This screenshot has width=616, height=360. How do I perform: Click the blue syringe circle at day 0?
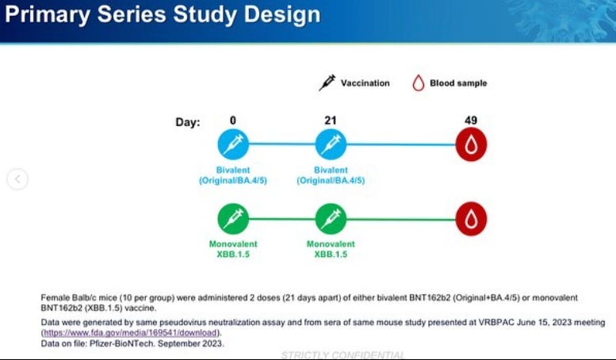coord(233,145)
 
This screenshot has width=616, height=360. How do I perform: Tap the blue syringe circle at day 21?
coord(331,145)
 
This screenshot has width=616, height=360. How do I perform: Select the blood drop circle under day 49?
coord(471,145)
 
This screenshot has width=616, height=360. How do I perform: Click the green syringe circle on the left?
coord(233,218)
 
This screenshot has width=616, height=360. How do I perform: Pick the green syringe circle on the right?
coord(331,218)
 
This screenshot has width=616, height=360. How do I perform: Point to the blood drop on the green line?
coord(471,218)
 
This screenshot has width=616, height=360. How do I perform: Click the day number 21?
coord(331,120)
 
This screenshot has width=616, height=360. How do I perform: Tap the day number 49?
coord(471,120)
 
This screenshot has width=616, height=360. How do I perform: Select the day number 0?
coord(233,120)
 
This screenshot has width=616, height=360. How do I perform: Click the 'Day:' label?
coord(188,122)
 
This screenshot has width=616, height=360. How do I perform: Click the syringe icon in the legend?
coord(327,82)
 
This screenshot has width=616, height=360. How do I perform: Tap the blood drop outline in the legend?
coord(418,82)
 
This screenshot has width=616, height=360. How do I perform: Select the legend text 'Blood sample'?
coord(458,82)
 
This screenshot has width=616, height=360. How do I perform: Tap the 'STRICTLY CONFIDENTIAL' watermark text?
coord(342,355)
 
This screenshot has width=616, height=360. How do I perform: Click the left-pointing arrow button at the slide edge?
coord(17,179)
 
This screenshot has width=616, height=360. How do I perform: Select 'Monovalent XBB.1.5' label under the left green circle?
coord(232,249)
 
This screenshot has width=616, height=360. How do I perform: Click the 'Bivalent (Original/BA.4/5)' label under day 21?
coord(331,175)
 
